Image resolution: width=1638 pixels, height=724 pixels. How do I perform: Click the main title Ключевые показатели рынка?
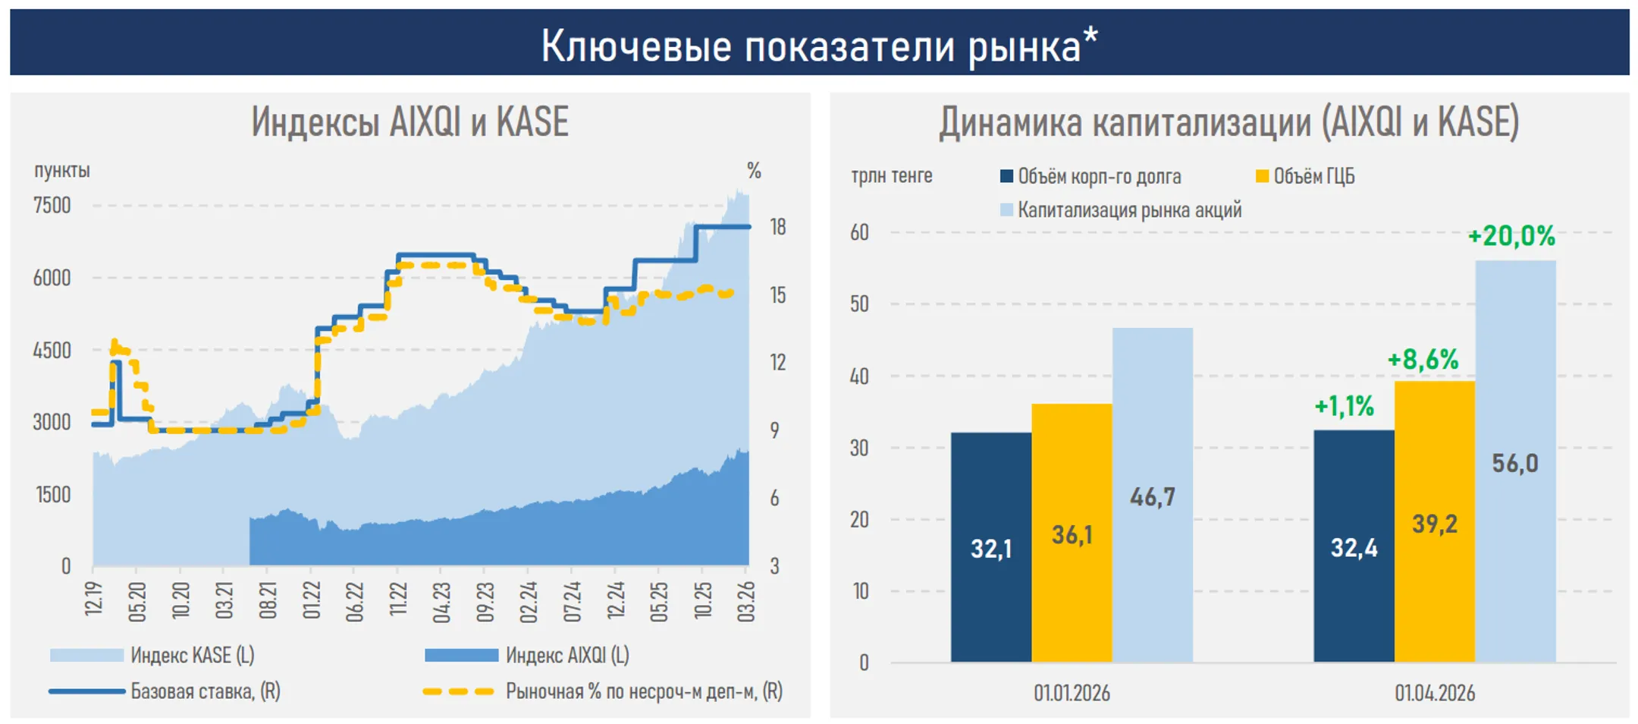click(x=819, y=46)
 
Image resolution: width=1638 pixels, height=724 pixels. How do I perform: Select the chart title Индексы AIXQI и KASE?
click(x=409, y=121)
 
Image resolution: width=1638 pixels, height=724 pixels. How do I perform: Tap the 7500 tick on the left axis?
click(x=52, y=206)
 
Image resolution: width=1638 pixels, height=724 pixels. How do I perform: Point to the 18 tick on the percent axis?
click(x=778, y=227)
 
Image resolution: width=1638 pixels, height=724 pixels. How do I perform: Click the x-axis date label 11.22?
click(x=398, y=602)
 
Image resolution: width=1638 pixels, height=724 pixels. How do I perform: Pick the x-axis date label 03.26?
click(x=746, y=602)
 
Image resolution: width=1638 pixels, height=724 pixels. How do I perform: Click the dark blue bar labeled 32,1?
click(x=990, y=547)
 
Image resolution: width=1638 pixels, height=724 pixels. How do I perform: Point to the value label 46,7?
click(x=1153, y=497)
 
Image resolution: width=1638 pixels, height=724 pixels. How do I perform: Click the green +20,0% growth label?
click(x=1511, y=236)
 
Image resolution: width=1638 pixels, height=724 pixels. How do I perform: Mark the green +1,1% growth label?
click(x=1344, y=406)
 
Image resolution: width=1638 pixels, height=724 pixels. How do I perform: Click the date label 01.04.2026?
click(x=1435, y=693)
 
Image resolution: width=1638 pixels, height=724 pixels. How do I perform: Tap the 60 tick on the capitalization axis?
click(x=859, y=232)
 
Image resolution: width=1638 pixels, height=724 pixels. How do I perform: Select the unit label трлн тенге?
click(x=892, y=176)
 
